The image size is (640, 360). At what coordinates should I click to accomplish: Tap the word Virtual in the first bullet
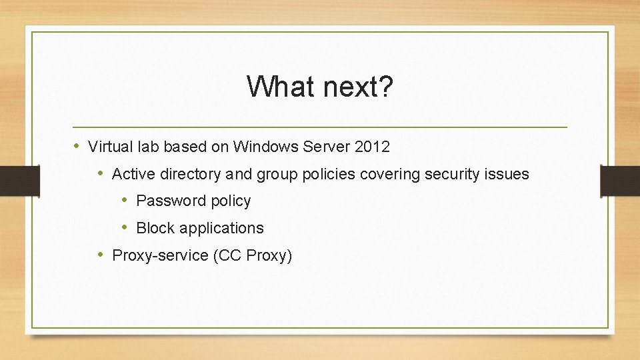click(x=109, y=146)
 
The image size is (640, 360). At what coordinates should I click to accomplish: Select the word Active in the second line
click(x=132, y=174)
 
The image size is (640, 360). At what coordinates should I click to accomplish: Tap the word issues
click(x=509, y=174)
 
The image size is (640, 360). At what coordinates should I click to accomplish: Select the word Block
click(x=154, y=228)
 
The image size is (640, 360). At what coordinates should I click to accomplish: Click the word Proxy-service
click(x=160, y=255)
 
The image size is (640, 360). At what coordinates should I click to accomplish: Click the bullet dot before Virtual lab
click(x=77, y=145)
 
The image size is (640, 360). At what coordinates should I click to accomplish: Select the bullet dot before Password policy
click(x=125, y=200)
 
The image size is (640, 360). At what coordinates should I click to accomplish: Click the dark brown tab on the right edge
click(x=619, y=181)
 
